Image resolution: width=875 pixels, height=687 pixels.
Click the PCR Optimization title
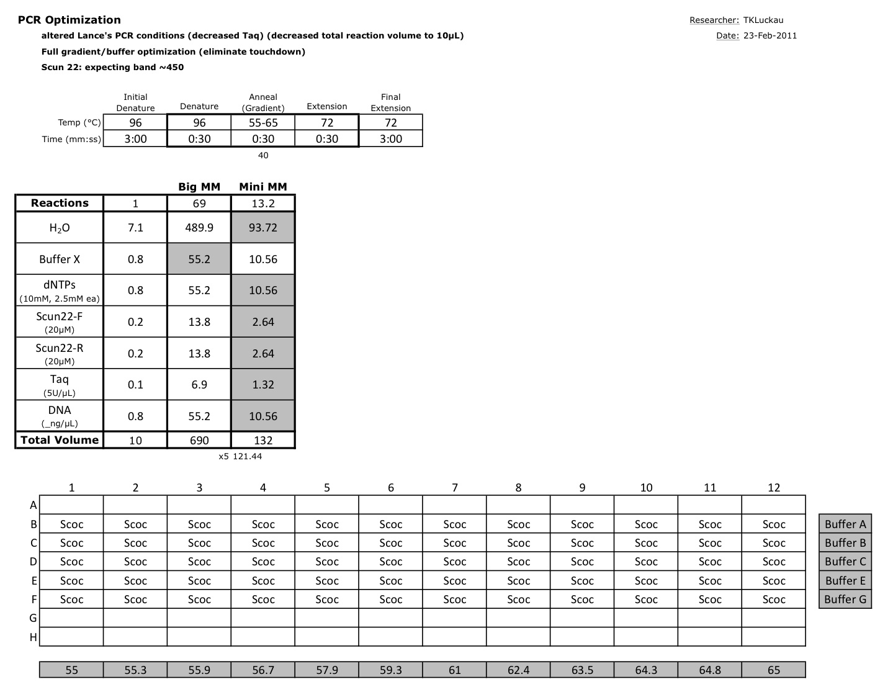click(69, 20)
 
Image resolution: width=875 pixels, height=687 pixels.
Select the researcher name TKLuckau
click(763, 20)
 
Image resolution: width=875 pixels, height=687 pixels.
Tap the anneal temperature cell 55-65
click(263, 123)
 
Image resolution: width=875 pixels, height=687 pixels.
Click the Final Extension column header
click(391, 102)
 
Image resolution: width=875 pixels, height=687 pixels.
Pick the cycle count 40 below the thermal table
click(263, 155)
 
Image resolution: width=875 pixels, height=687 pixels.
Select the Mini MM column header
click(263, 187)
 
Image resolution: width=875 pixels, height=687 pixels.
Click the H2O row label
click(60, 228)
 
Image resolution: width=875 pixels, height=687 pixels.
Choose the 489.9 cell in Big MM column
click(199, 228)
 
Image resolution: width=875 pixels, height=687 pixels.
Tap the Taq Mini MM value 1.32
click(263, 385)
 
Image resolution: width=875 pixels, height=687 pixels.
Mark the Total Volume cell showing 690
click(199, 441)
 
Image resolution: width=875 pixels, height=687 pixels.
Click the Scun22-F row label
click(60, 321)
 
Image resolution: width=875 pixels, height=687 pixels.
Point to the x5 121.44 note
click(240, 456)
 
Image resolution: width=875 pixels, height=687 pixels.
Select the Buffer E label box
click(845, 581)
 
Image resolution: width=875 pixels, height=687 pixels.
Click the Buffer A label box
click(845, 524)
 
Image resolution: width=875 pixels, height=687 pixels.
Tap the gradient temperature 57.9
click(327, 670)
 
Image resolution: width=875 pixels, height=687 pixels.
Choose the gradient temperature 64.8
click(710, 670)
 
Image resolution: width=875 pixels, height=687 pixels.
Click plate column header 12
click(774, 488)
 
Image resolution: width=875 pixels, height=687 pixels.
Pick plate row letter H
click(34, 637)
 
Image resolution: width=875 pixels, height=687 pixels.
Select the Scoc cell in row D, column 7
click(455, 562)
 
